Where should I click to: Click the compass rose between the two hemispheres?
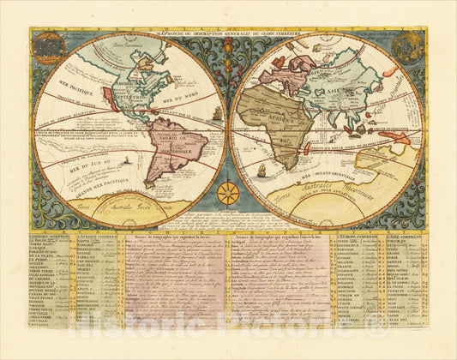coord(228,192)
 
